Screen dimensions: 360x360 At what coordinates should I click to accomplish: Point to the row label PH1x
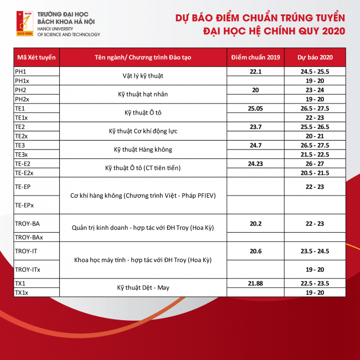coord(23,80)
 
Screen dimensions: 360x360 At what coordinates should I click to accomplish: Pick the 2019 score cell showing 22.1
coord(255,71)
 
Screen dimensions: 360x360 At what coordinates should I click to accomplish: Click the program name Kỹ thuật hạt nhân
coord(142,94)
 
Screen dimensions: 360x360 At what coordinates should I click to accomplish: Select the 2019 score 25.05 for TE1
coord(255,109)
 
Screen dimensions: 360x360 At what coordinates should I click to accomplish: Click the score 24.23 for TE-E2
coord(255,164)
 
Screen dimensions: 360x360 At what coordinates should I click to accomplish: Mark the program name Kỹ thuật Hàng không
coord(142,150)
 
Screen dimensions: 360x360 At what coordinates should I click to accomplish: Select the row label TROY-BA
coord(27,223)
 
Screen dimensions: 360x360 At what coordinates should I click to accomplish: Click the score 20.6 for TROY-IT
coord(255,251)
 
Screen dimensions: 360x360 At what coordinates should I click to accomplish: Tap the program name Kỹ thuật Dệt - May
coord(142,288)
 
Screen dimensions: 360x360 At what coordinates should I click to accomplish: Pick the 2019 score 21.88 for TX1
coord(255,284)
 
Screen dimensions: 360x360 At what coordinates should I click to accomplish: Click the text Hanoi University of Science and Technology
coord(69,31)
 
